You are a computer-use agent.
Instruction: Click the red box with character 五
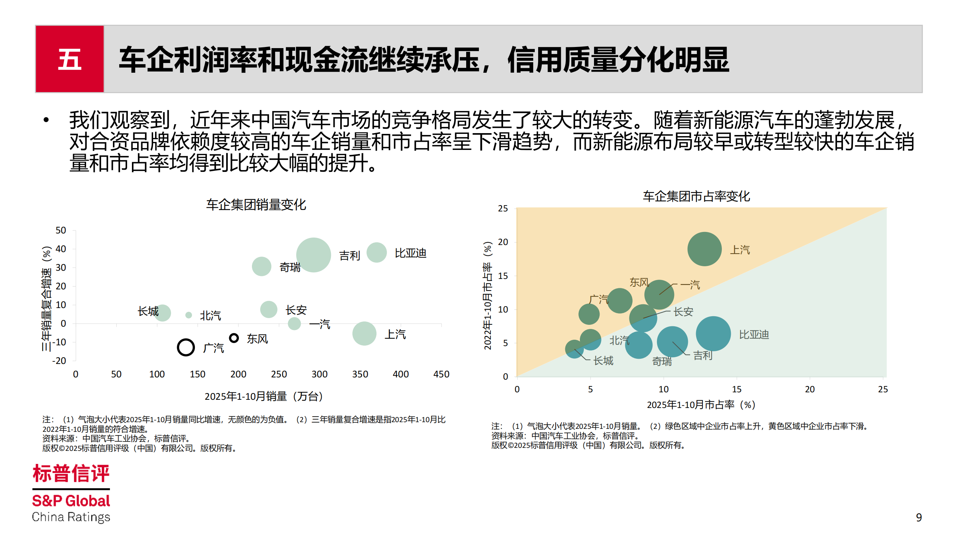click(x=70, y=59)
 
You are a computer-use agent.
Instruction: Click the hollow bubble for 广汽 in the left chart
click(x=186, y=347)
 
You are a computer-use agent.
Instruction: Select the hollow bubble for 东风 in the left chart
click(x=234, y=338)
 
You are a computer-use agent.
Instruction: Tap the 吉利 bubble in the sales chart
click(x=313, y=255)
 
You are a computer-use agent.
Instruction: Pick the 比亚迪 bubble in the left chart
click(x=376, y=252)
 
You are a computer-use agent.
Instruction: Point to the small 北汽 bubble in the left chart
click(x=189, y=315)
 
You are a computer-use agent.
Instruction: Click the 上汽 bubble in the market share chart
click(x=704, y=249)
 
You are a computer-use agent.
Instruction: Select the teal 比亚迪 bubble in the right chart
click(x=713, y=333)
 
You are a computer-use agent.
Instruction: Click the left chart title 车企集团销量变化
click(x=256, y=204)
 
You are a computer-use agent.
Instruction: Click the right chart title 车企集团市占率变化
click(x=696, y=196)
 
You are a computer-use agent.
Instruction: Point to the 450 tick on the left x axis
click(x=441, y=374)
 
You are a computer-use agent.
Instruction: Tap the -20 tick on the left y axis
click(x=59, y=361)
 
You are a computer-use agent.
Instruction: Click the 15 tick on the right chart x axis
click(x=736, y=389)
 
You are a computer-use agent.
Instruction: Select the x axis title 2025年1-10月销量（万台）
click(x=263, y=396)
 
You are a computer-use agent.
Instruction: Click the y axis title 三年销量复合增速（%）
click(x=46, y=298)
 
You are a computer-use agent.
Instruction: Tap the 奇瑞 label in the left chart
click(x=290, y=267)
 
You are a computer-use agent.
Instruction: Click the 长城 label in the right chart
click(x=603, y=361)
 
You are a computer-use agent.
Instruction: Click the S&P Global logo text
click(x=71, y=501)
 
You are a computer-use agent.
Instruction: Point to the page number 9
click(x=919, y=517)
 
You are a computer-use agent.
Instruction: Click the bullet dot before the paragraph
click(x=46, y=120)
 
